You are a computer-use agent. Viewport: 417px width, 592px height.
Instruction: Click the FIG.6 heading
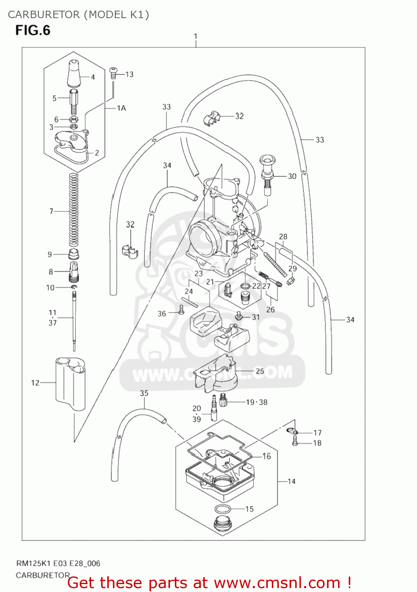point(33,30)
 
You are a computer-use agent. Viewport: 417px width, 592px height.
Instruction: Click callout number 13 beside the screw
point(129,74)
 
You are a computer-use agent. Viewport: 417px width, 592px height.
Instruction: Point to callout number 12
point(35,382)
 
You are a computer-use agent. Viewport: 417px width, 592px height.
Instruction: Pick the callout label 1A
point(121,108)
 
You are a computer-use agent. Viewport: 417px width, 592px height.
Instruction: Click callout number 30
point(292,176)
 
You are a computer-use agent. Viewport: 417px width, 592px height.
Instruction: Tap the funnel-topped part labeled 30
point(268,172)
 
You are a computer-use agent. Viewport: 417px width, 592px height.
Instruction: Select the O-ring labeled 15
point(223,509)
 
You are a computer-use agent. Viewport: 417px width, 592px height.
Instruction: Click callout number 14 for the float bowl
point(291,481)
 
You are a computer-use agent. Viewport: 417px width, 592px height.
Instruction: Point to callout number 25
point(260,371)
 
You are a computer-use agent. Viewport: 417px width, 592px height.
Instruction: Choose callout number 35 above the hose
point(144,393)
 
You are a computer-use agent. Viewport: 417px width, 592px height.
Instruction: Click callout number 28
point(283,236)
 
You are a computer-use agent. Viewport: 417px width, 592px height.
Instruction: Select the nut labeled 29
point(291,281)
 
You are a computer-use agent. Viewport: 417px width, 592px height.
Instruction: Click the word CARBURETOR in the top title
point(43,15)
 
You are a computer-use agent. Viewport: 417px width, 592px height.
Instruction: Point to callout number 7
point(51,211)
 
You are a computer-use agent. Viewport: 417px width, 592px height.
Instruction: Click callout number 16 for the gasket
point(267,456)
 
